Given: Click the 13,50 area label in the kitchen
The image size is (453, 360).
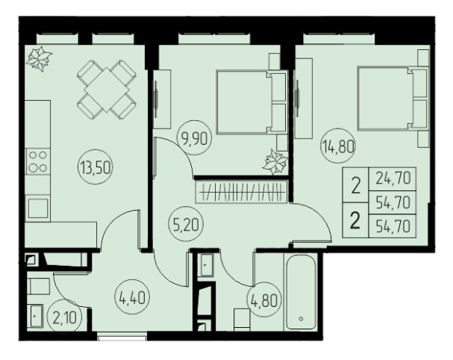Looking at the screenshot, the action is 96,168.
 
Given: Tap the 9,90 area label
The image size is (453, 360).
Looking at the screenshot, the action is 194,138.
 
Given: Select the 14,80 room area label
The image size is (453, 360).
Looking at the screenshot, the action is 338,147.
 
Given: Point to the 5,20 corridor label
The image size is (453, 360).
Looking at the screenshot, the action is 187,224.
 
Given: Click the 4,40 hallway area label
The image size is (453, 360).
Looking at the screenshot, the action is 132,298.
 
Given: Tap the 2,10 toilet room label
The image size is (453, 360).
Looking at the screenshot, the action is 65,318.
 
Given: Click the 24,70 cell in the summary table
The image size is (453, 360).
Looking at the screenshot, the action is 393,179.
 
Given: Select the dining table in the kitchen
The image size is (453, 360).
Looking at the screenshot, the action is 107,90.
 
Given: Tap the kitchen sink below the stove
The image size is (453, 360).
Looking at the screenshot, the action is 37,208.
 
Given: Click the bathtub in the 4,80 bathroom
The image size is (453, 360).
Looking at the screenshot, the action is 301,291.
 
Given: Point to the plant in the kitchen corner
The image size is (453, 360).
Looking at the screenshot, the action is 39,59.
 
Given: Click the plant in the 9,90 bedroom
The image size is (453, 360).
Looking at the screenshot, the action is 275,162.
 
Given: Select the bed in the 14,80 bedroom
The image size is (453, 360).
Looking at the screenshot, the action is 393,99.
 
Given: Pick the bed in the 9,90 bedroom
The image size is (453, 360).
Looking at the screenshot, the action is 252,102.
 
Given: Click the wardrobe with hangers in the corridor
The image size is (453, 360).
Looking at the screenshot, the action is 242,192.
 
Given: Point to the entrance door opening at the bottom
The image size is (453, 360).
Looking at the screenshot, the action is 122,336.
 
